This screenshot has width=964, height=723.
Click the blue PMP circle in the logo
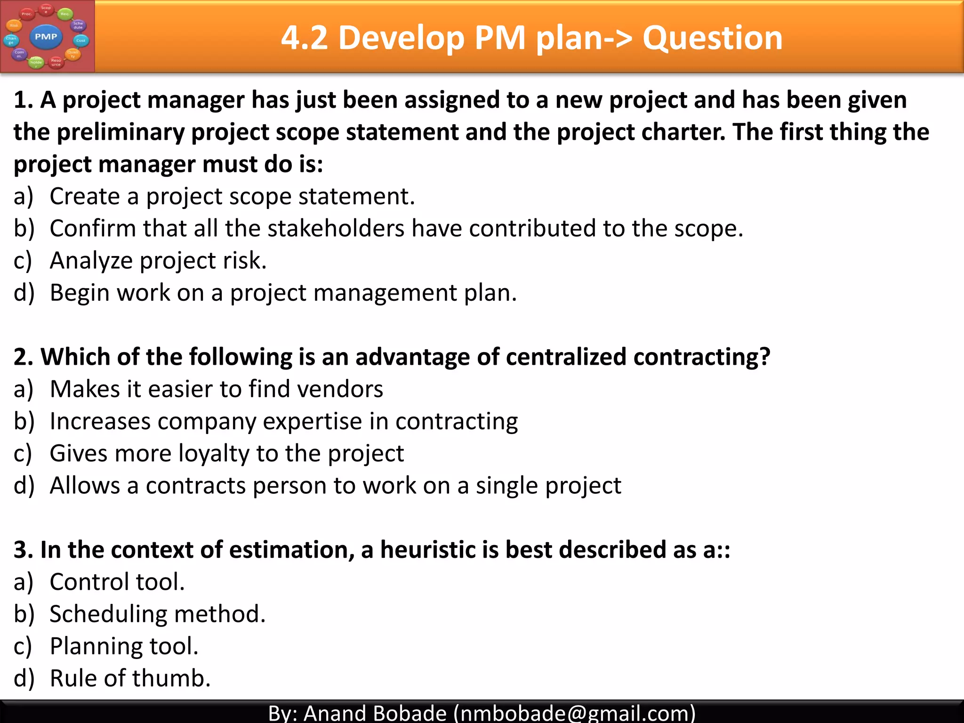tap(46, 37)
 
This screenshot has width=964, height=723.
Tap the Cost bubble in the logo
tap(81, 40)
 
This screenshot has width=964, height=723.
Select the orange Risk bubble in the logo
tap(14, 25)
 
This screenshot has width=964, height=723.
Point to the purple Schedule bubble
tap(78, 25)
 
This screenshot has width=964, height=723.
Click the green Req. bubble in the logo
tap(65, 14)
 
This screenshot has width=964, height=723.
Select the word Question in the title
tap(712, 38)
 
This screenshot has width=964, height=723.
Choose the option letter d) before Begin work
tap(24, 293)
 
